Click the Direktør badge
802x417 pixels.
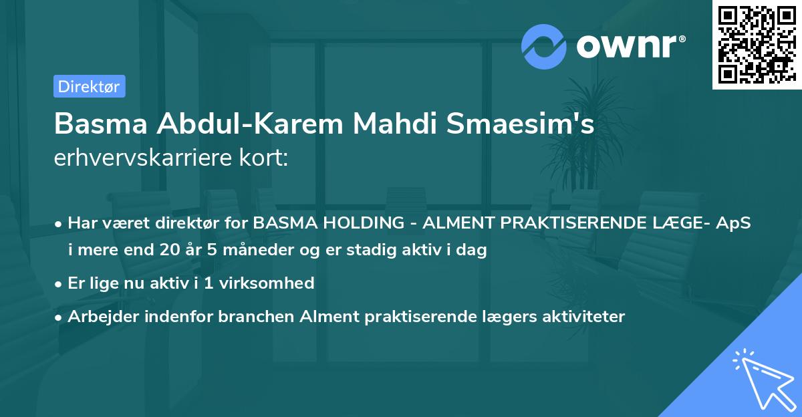[89, 86]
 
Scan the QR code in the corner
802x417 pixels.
[756, 44]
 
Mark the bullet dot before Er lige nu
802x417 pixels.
[59, 283]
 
